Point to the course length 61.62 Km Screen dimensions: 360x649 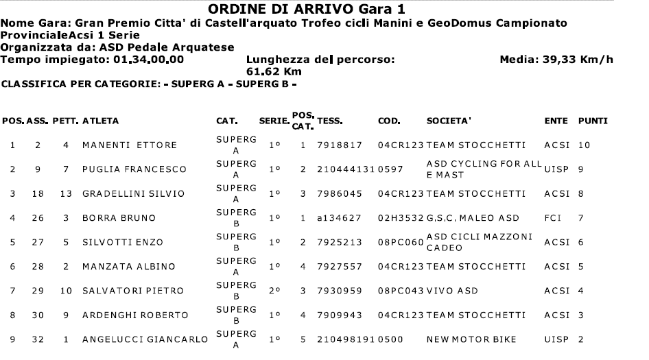(x=274, y=71)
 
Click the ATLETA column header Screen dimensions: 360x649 (x=101, y=121)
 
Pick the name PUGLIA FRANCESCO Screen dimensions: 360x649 (x=125, y=169)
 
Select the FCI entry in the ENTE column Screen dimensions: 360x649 (x=553, y=218)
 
